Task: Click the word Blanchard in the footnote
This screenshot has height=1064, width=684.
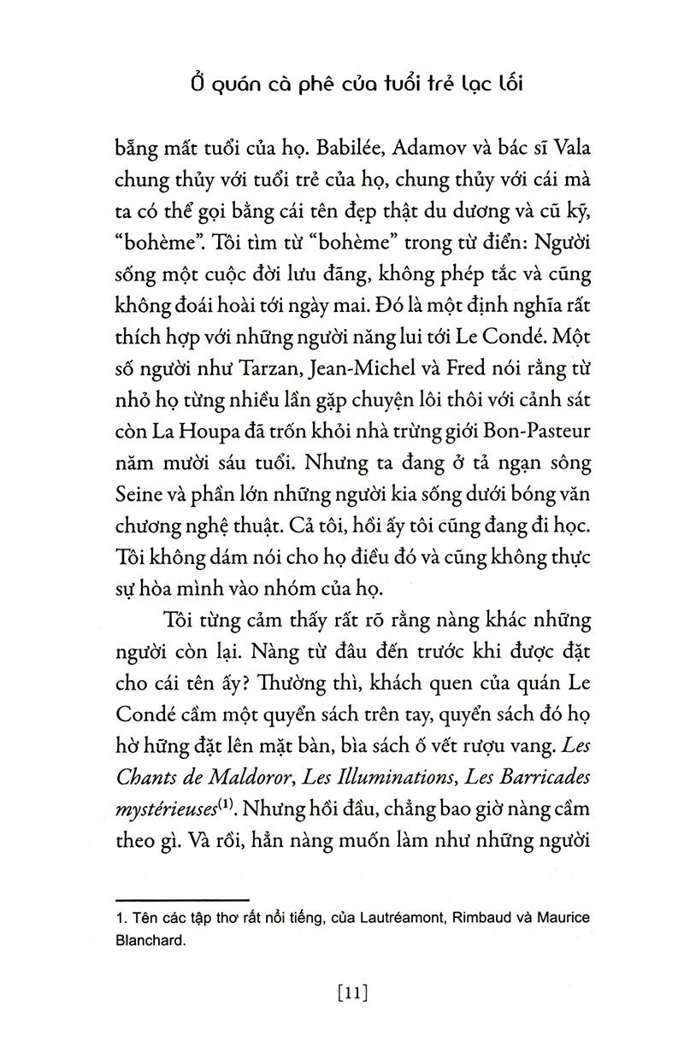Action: pos(149,940)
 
